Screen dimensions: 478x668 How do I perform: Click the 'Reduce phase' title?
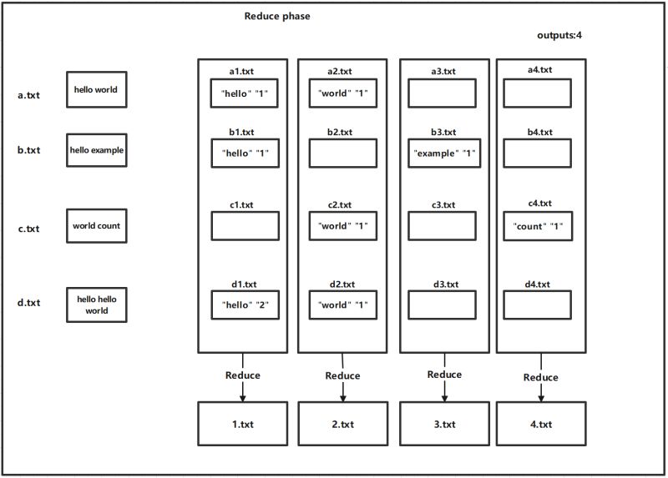point(277,17)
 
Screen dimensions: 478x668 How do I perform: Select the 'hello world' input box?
point(96,90)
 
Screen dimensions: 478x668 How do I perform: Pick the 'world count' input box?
point(96,225)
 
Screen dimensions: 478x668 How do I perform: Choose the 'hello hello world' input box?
point(96,304)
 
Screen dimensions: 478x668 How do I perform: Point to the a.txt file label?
point(28,95)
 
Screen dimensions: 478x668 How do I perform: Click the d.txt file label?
point(28,302)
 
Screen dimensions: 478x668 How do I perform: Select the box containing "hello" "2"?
point(242,304)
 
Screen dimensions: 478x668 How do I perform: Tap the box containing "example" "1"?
point(445,153)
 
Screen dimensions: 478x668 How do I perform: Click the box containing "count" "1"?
point(540,226)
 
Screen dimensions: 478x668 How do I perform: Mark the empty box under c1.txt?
point(242,226)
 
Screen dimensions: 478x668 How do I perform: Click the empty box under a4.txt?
point(540,93)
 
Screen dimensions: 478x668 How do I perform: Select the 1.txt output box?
point(242,423)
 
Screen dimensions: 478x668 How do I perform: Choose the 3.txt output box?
point(445,423)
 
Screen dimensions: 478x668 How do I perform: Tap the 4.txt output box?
point(540,423)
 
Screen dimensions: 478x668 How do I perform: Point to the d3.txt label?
point(445,284)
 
